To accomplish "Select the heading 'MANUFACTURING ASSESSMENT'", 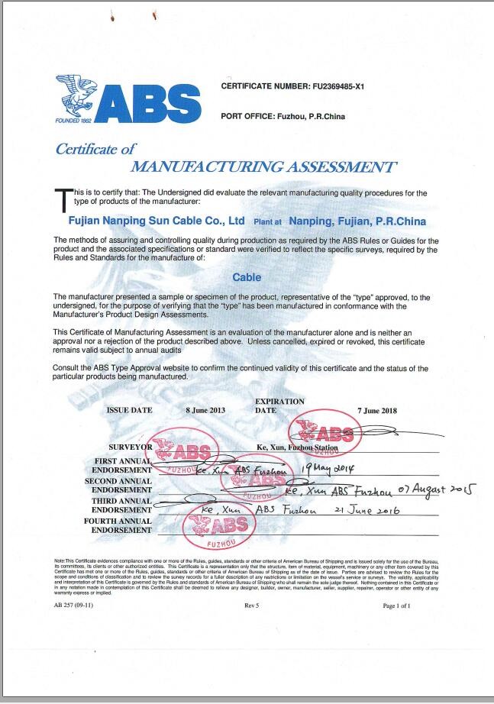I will point(263,166).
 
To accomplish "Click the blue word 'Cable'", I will point(246,278).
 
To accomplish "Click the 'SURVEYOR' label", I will point(131,446).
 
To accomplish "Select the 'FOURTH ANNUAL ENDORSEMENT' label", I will point(121,525).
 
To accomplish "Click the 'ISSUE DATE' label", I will point(128,410).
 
